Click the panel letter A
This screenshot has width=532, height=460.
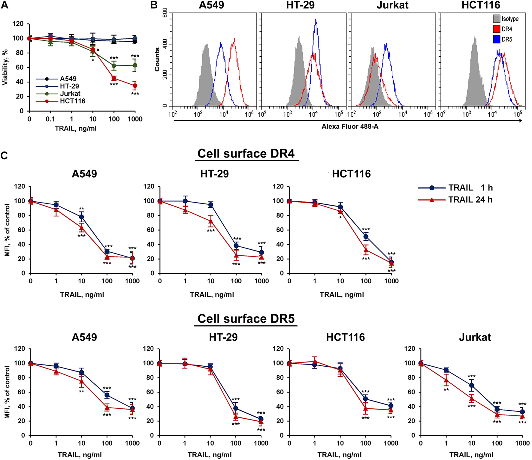point(5,5)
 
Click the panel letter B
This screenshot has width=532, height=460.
point(154,5)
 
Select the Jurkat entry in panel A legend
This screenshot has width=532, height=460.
point(70,94)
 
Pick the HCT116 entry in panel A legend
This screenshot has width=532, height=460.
point(72,101)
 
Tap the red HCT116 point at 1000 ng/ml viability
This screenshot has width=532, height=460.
point(135,86)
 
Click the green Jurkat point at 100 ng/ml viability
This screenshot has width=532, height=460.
point(114,66)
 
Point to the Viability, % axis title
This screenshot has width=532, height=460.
point(5,68)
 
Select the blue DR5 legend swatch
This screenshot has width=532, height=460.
point(497,39)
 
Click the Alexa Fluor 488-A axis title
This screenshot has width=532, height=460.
point(350,127)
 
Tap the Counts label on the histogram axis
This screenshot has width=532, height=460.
point(157,60)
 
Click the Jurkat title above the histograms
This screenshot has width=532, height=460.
point(392,5)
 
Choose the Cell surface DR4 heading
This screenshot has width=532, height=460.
point(246,154)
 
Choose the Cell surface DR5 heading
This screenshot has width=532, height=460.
point(246,319)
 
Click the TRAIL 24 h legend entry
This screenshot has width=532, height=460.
point(470,200)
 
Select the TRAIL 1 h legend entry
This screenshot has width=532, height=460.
point(470,188)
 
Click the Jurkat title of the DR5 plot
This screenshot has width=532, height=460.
point(475,337)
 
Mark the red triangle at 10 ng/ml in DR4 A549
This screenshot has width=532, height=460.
point(81,228)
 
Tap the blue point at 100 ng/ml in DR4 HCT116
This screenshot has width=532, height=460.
point(366,237)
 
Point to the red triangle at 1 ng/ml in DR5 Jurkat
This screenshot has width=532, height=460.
point(446,380)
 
